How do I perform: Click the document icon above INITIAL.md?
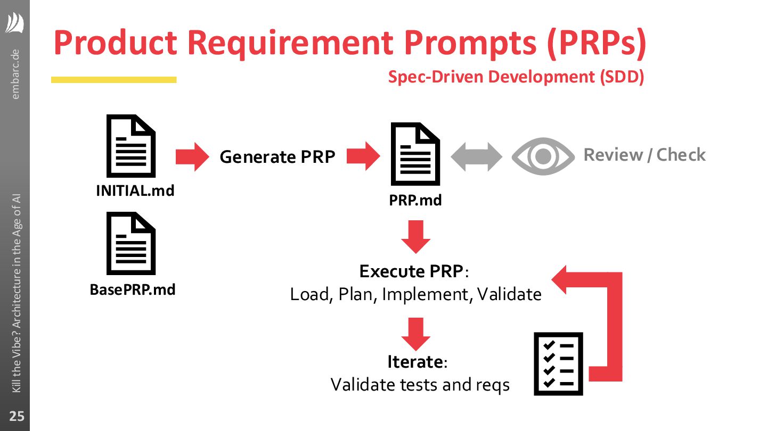point(131,146)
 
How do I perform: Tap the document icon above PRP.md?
point(415,155)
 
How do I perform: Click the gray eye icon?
point(543,156)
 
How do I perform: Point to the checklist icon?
point(559,364)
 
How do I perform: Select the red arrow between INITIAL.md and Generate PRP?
point(193,157)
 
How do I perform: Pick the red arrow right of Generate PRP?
point(364,156)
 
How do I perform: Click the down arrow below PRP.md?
point(415,236)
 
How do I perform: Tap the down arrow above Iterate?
point(415,334)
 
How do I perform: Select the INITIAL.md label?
point(135,190)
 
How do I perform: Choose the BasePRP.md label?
point(133,290)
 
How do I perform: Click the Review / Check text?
point(644,155)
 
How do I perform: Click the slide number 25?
point(17,416)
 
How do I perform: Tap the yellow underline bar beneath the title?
point(113,80)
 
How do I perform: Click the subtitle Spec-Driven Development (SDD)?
point(516,77)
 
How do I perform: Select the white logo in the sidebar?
point(15,23)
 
